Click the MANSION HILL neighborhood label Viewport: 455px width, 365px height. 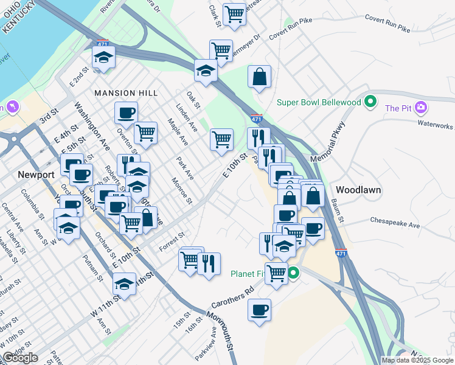coord(126,93)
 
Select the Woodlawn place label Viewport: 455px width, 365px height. coord(358,190)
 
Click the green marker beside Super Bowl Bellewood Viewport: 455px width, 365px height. coord(369,102)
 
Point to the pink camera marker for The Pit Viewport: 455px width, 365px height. coord(420,108)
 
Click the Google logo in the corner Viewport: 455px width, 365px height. coord(21,358)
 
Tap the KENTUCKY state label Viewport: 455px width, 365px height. coord(18,19)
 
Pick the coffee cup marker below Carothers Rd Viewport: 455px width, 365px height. coord(260,310)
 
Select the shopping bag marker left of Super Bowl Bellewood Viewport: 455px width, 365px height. coord(259,77)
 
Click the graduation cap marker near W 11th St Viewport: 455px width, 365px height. coord(124,284)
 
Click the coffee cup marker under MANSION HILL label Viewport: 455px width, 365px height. coord(126,113)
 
